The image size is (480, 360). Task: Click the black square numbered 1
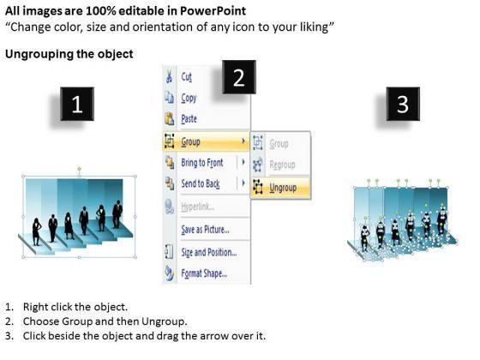click(77, 104)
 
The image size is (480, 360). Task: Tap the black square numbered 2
click(239, 77)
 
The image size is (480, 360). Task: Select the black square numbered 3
click(403, 104)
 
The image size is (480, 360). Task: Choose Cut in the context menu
click(187, 77)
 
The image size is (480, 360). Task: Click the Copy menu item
click(189, 99)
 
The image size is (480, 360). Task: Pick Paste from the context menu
click(189, 119)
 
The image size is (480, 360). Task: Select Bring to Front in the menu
click(202, 163)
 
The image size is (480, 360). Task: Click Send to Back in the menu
click(201, 183)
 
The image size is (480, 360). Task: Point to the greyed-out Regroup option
click(282, 165)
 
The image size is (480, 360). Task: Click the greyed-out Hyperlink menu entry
click(197, 207)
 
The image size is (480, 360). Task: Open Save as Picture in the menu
click(205, 230)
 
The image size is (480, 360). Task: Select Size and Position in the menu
click(209, 252)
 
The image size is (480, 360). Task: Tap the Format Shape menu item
click(204, 273)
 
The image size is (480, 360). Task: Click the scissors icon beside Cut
click(169, 76)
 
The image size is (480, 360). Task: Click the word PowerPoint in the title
click(213, 11)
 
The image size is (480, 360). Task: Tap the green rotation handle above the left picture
click(79, 169)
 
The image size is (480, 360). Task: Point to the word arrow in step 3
click(214, 336)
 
